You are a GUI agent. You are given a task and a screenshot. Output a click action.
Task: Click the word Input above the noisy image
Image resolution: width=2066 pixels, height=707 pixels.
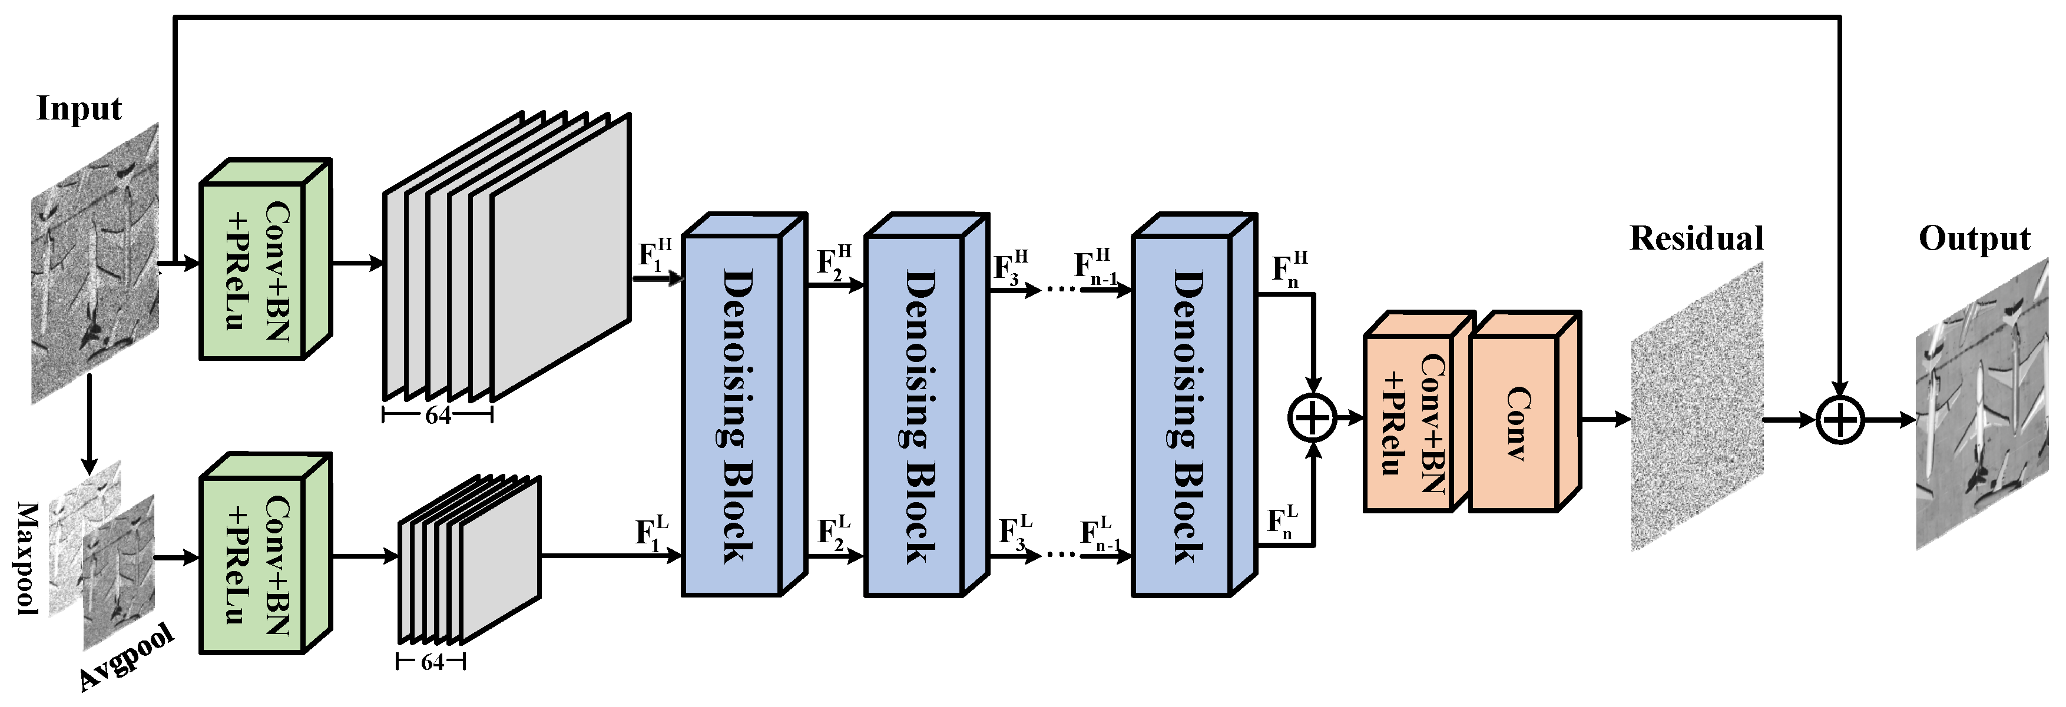(78, 109)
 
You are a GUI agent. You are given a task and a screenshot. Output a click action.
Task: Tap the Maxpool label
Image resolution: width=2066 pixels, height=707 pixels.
(29, 559)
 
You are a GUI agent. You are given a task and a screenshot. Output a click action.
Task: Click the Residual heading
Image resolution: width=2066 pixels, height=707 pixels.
(1696, 238)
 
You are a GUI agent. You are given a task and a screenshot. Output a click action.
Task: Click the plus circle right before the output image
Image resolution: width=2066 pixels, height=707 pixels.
(1839, 419)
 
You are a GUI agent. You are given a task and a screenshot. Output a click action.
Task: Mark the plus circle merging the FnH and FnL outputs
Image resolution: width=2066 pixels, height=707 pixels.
(1312, 417)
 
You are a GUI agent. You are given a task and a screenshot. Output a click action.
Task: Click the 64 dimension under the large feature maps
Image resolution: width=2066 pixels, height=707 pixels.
(438, 415)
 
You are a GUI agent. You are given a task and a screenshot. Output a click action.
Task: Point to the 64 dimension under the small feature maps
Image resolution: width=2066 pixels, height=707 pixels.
(432, 662)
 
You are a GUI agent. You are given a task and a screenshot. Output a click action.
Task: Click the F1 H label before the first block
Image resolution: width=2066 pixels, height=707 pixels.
(654, 255)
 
